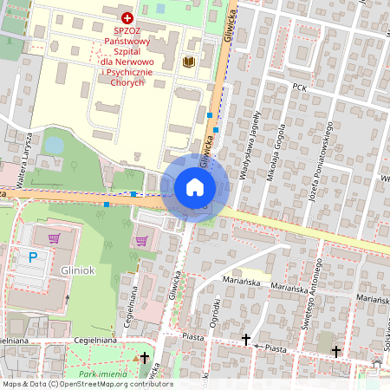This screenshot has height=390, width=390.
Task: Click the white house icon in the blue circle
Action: (195, 187)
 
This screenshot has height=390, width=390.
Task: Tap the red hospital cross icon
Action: (127, 17)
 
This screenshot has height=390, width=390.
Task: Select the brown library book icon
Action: (189, 62)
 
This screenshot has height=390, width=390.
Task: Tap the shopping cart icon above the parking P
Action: (55, 237)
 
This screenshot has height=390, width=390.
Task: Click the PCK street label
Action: (301, 88)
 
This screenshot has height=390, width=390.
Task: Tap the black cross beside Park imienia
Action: (144, 357)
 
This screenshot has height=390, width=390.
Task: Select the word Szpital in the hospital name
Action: (127, 51)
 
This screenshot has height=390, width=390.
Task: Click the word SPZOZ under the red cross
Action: (127, 30)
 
